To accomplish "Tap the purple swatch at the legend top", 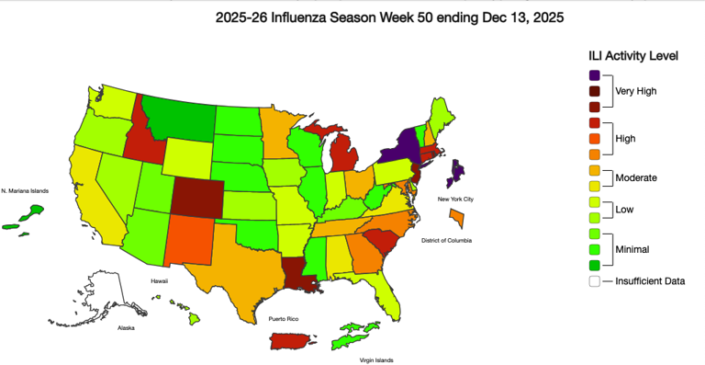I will pyautogui.click(x=595, y=75).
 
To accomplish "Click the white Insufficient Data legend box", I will pyautogui.click(x=595, y=281).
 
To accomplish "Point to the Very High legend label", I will pyautogui.click(x=636, y=91).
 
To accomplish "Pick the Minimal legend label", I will pyautogui.click(x=633, y=248).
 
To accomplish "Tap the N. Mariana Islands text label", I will pyautogui.click(x=24, y=190).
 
